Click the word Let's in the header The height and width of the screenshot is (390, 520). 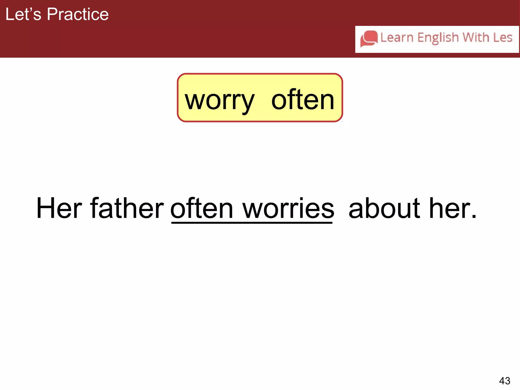[23, 14]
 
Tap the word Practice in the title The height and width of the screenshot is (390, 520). [78, 14]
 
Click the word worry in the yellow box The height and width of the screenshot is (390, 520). [219, 101]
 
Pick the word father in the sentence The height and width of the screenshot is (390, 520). [127, 208]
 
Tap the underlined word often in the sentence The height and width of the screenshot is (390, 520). [202, 208]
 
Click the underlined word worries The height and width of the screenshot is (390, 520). [288, 208]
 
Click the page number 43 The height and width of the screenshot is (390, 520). [505, 381]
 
